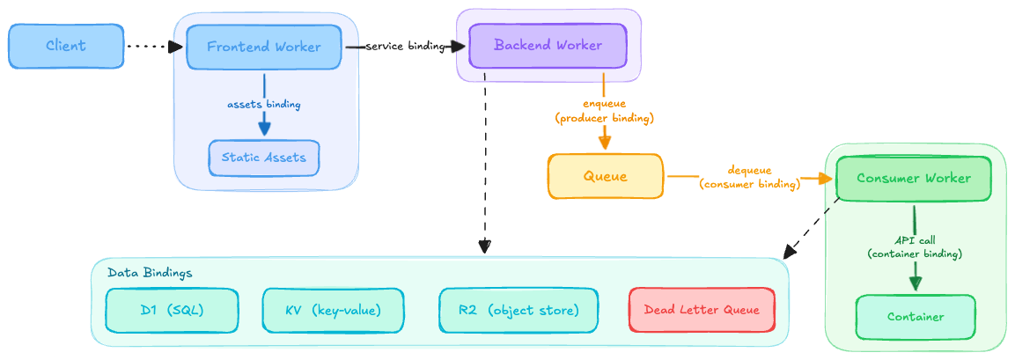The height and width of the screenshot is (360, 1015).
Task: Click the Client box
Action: (x=66, y=47)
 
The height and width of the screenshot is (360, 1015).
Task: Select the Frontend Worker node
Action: (x=263, y=47)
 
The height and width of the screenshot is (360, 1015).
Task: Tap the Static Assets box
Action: (x=263, y=158)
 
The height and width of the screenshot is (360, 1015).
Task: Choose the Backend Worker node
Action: (x=548, y=46)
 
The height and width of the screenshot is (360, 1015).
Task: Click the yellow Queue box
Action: (x=605, y=176)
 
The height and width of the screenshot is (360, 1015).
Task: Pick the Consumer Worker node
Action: (x=914, y=179)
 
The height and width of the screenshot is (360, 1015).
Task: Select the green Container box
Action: (x=915, y=317)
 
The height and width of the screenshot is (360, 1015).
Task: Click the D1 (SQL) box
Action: (x=172, y=310)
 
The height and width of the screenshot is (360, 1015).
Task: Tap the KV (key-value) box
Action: (x=333, y=310)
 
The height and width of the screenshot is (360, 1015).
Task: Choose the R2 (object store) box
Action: (x=518, y=310)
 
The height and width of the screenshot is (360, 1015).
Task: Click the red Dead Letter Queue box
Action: (x=702, y=310)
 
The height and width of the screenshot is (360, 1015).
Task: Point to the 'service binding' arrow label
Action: (x=405, y=47)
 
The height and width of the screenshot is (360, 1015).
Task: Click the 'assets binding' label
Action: (x=263, y=104)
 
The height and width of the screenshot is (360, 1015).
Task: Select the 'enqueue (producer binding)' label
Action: (x=604, y=110)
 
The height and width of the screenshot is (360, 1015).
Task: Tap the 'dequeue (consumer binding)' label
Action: (x=749, y=177)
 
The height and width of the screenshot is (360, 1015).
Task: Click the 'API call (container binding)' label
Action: (x=915, y=246)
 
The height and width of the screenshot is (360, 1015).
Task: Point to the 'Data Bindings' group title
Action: (x=150, y=273)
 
